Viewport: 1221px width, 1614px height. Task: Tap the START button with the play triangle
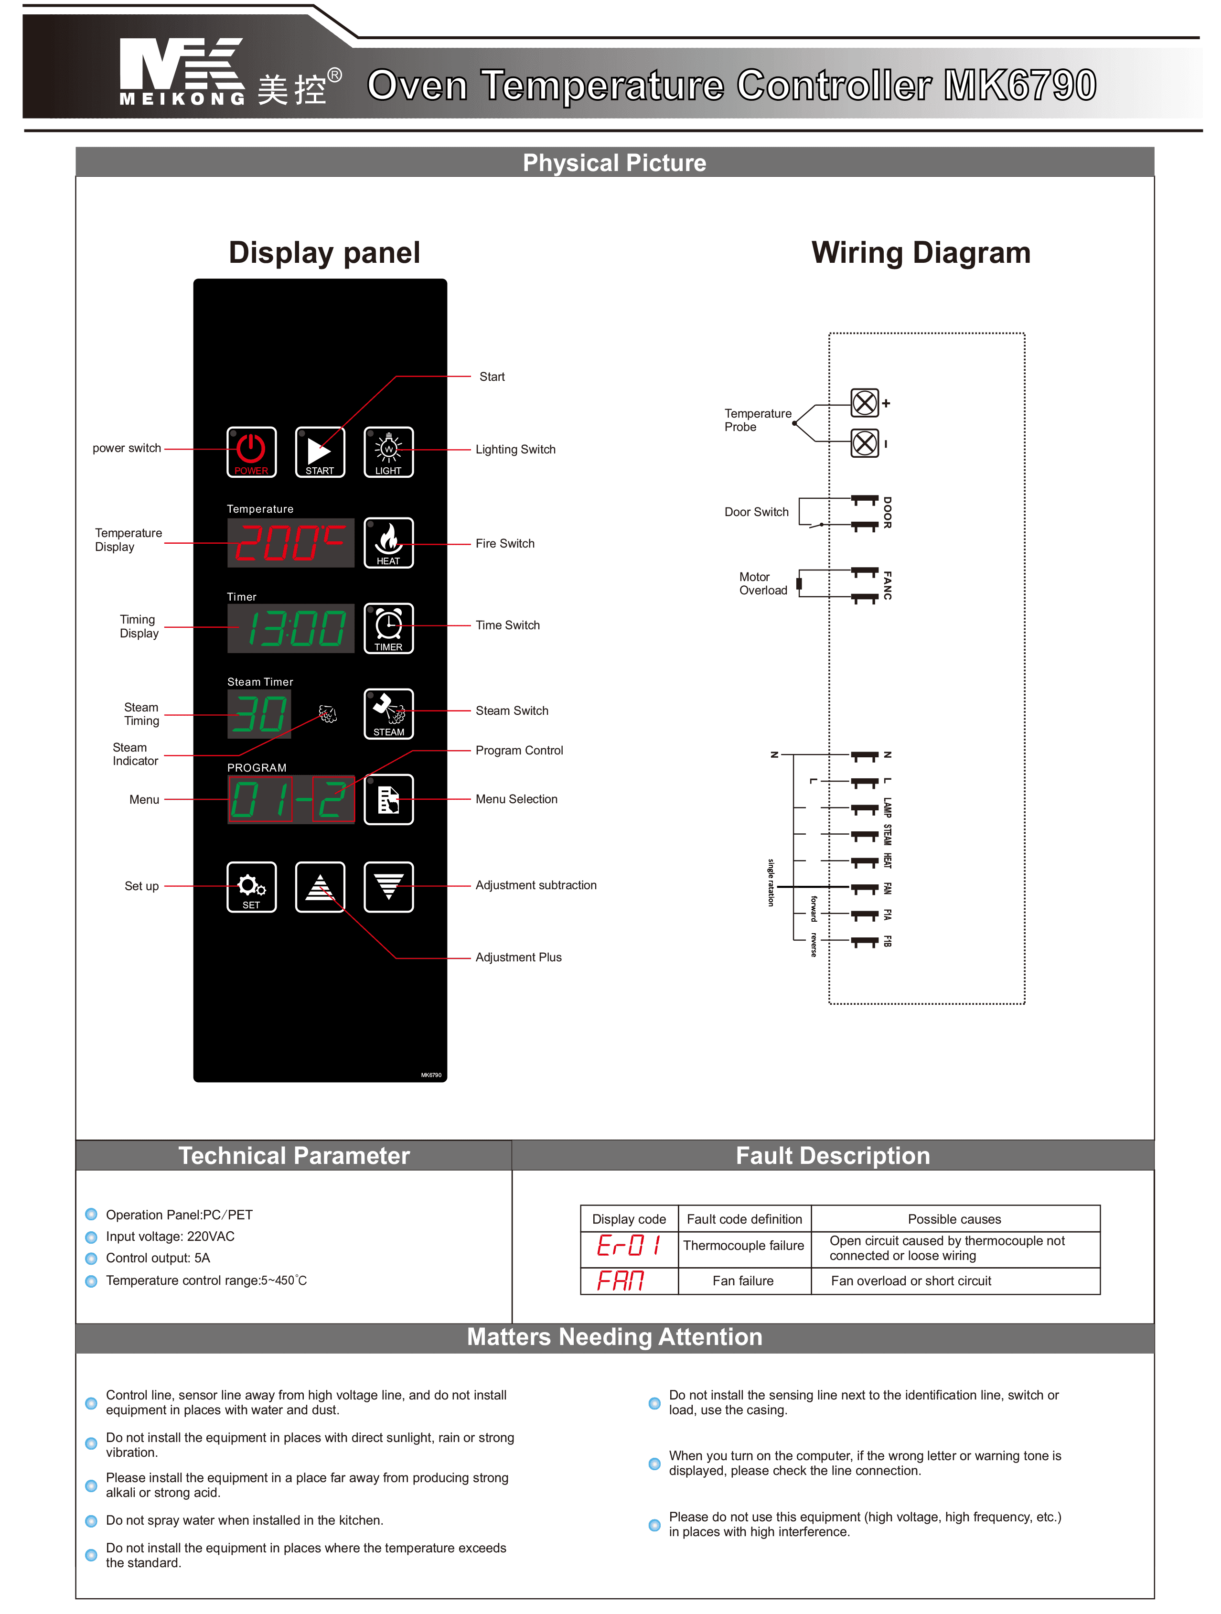[x=320, y=452]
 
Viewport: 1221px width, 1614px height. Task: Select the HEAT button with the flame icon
[x=388, y=542]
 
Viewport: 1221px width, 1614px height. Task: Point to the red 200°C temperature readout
[x=290, y=543]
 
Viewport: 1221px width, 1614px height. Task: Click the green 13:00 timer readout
[x=290, y=628]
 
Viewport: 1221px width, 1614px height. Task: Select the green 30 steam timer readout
[x=259, y=714]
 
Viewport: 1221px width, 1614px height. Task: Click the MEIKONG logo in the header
[x=182, y=72]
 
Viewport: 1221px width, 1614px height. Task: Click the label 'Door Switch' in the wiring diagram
[x=756, y=512]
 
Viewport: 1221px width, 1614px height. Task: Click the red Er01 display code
[x=628, y=1244]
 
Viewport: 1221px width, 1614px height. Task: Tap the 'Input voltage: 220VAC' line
[x=170, y=1236]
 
